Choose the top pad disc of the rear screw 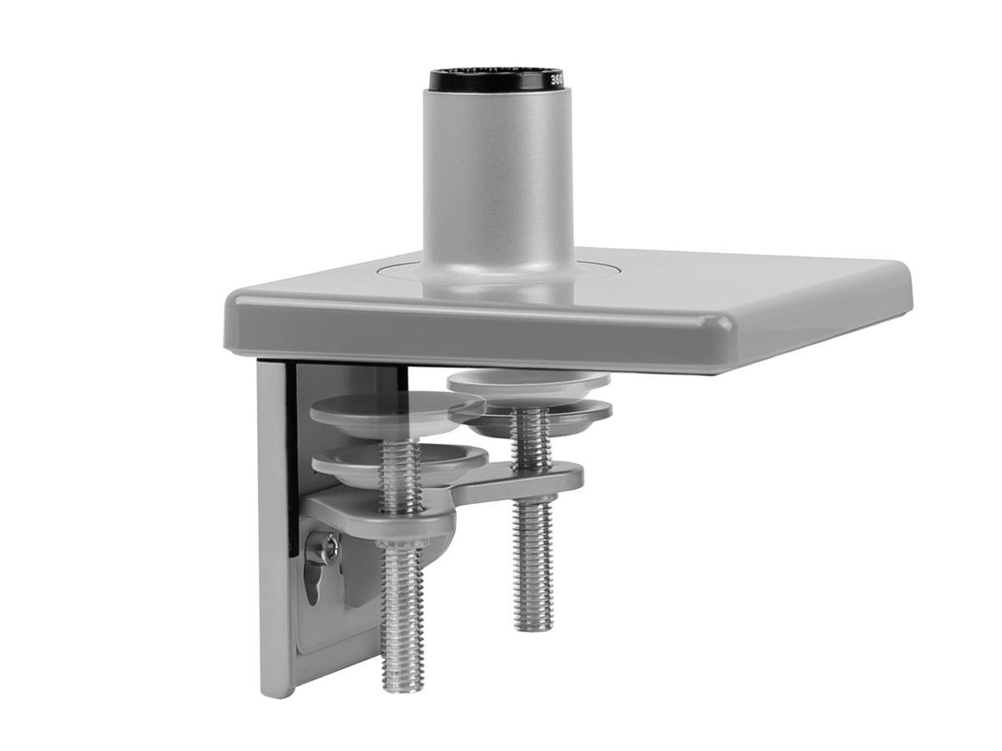pyautogui.click(x=528, y=383)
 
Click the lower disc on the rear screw pyautogui.click(x=539, y=415)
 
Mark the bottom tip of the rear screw pyautogui.click(x=534, y=625)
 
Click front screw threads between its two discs pyautogui.click(x=398, y=441)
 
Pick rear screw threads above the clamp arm pyautogui.click(x=532, y=446)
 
